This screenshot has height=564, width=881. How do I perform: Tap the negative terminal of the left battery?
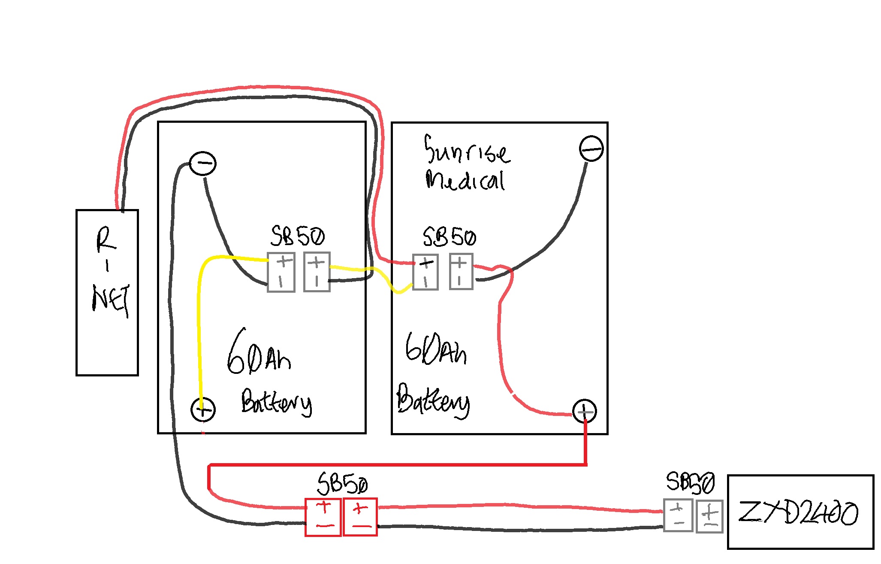click(x=202, y=164)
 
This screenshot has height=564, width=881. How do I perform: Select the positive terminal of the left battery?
click(x=203, y=409)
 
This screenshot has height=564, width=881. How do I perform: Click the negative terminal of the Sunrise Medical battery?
click(x=591, y=149)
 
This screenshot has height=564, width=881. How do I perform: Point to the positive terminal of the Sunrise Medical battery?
click(x=585, y=412)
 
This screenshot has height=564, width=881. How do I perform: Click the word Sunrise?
click(x=467, y=150)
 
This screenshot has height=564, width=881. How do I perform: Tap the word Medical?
click(x=465, y=180)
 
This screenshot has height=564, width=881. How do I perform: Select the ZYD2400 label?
click(x=798, y=512)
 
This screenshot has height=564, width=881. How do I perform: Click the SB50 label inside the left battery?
click(x=298, y=236)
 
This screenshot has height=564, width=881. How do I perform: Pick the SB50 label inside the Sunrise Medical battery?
click(x=449, y=237)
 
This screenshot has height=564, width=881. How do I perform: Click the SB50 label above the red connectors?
click(x=342, y=484)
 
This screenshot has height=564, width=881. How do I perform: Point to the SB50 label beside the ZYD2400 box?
click(x=690, y=483)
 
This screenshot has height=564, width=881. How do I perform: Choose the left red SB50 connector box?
click(x=323, y=517)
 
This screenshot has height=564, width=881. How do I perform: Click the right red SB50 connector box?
click(x=360, y=517)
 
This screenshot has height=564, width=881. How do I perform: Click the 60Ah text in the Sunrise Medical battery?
click(x=435, y=349)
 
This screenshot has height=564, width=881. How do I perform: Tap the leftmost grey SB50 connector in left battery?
click(x=281, y=272)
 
